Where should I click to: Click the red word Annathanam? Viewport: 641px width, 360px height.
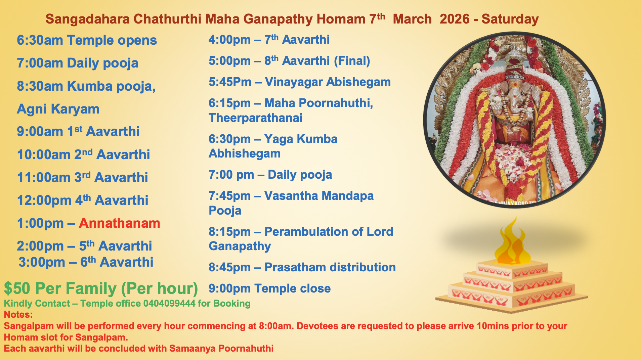(x=119, y=223)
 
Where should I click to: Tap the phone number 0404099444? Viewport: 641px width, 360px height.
(x=169, y=304)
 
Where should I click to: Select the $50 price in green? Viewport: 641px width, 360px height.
(x=17, y=288)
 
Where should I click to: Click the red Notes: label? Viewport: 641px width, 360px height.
(x=18, y=315)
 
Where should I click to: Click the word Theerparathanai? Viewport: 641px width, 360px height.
(x=255, y=118)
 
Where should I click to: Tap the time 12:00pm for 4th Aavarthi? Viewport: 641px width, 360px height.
(x=44, y=200)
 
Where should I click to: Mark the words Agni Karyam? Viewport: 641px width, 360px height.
(x=58, y=109)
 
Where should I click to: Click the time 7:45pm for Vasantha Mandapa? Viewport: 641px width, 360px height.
(x=229, y=196)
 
